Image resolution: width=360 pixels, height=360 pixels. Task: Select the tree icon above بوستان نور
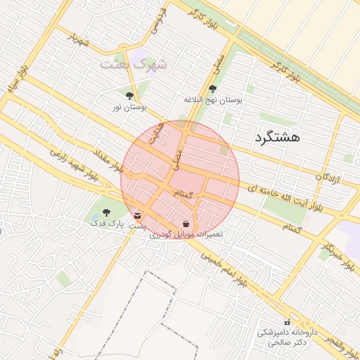click(x=129, y=96)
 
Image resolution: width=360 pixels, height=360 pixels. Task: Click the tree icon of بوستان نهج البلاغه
click(x=212, y=89)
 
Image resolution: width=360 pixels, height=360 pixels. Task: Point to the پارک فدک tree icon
click(x=106, y=212)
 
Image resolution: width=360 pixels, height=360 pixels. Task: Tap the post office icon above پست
click(x=138, y=214)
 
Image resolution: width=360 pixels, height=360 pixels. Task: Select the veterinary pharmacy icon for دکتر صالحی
click(x=287, y=321)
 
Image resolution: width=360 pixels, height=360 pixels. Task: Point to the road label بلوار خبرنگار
click(x=337, y=257)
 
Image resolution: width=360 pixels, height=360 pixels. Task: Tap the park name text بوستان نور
click(x=129, y=108)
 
